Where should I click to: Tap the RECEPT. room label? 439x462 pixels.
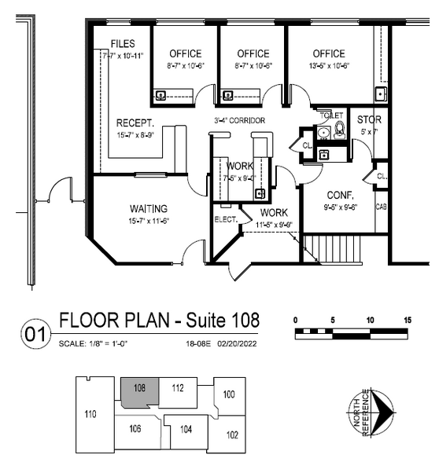coord(134,123)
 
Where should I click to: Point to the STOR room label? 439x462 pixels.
coord(369,120)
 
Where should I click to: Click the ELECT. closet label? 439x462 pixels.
coord(227,219)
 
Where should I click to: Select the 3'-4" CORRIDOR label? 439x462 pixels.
coord(239,120)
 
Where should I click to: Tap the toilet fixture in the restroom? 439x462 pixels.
coord(340,130)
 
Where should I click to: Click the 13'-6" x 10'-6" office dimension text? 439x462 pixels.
coord(328,66)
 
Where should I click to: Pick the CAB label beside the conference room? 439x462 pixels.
coord(381,207)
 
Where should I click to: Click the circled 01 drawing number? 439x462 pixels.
coord(35,335)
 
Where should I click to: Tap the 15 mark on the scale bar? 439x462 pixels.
coord(407,320)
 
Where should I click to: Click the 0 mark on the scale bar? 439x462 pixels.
coord(296,320)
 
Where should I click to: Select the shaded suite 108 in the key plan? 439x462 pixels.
coord(140,390)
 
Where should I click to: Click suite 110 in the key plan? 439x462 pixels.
coord(90,413)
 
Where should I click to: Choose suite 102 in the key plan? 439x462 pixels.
coord(232,434)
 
